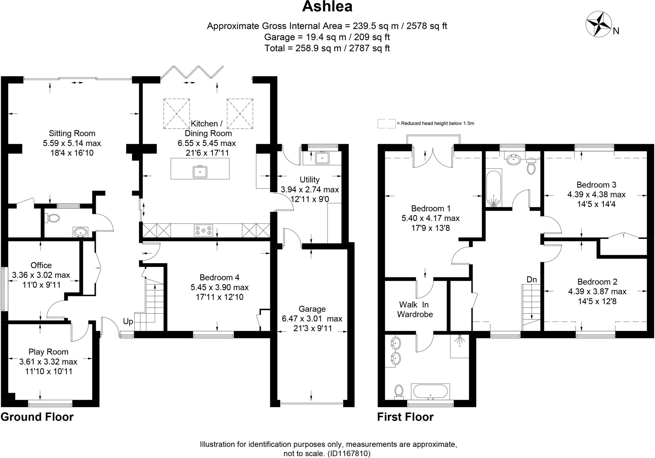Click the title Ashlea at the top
click(327, 7)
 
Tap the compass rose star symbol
click(598, 24)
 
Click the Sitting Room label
click(72, 133)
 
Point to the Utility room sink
click(322, 158)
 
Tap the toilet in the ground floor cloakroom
click(53, 218)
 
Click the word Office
click(41, 265)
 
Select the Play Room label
click(48, 352)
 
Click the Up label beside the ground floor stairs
click(128, 321)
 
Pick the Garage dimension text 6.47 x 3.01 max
click(312, 318)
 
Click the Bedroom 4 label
click(219, 277)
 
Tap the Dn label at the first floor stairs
click(532, 279)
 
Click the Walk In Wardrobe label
click(415, 309)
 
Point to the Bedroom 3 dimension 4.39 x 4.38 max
click(596, 194)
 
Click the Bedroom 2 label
click(597, 282)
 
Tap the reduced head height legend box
click(386, 124)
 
